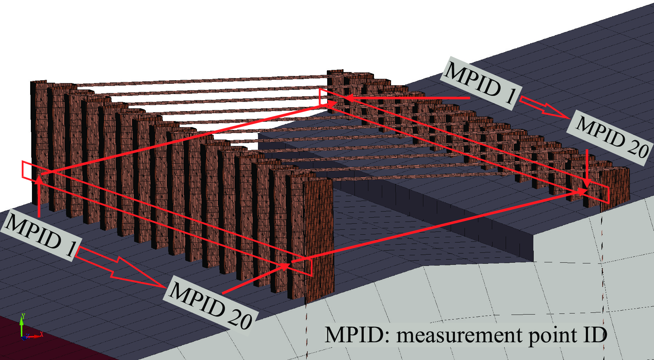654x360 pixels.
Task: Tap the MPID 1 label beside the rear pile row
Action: coord(481,83)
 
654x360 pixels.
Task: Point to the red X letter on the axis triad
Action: coord(42,334)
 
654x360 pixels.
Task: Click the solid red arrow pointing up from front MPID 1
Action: coord(39,195)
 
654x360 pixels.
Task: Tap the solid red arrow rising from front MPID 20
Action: coord(255,279)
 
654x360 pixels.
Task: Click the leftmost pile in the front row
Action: coord(39,142)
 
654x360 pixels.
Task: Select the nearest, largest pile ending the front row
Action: coord(318,234)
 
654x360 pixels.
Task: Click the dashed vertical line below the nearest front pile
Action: coord(307,330)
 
